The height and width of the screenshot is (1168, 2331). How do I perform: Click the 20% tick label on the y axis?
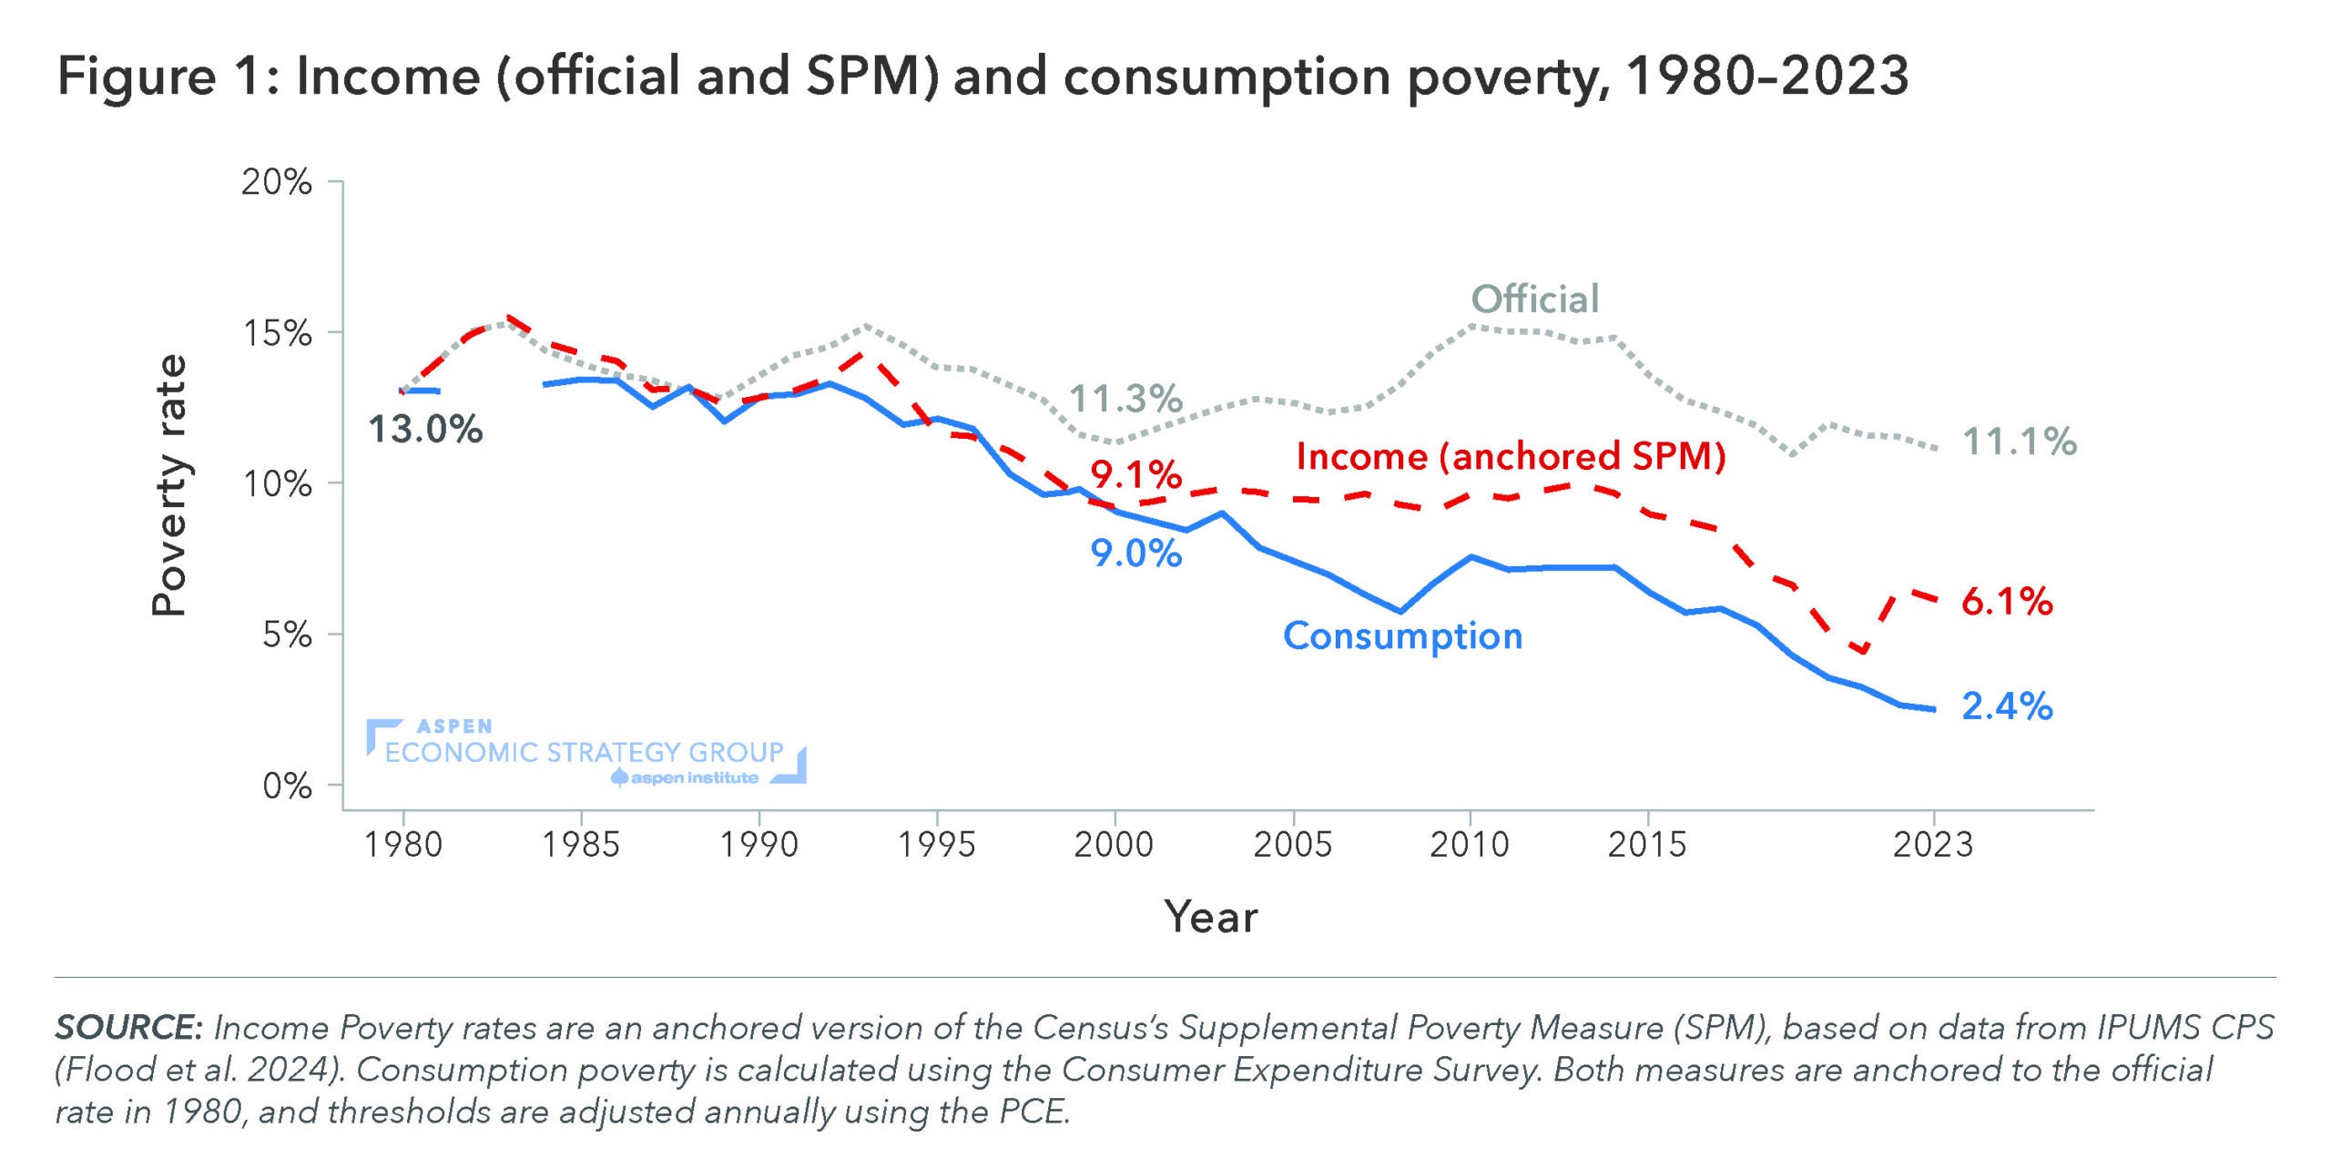click(x=276, y=183)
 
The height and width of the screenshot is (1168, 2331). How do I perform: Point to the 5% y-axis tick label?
click(x=287, y=635)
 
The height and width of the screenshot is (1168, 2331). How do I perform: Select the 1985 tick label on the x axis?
click(x=581, y=845)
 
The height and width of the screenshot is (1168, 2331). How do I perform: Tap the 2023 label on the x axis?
click(x=1932, y=845)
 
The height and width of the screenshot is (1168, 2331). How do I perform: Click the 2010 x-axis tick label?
click(x=1469, y=845)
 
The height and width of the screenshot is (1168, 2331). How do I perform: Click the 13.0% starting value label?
click(x=424, y=430)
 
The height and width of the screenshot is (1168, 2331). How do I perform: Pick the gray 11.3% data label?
click(x=1125, y=399)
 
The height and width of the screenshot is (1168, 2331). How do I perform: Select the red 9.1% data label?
click(x=1136, y=474)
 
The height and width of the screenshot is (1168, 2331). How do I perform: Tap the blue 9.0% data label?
click(x=1136, y=554)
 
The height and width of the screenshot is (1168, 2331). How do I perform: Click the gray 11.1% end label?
click(x=2020, y=442)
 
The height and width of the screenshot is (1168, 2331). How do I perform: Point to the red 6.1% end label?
click(x=2007, y=602)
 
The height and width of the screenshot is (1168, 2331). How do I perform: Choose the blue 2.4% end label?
click(x=2007, y=706)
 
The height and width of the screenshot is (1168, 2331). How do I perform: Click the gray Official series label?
click(x=1535, y=300)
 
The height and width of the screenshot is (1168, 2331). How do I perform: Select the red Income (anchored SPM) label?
click(x=1511, y=456)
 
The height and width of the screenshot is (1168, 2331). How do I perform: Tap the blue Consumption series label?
click(x=1402, y=636)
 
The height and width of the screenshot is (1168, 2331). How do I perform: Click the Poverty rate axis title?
click(x=169, y=485)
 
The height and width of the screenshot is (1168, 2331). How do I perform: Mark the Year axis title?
click(x=1210, y=917)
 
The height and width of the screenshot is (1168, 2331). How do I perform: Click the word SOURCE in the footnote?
click(x=127, y=1028)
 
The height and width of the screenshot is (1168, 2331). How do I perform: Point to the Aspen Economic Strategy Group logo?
click(x=585, y=752)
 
